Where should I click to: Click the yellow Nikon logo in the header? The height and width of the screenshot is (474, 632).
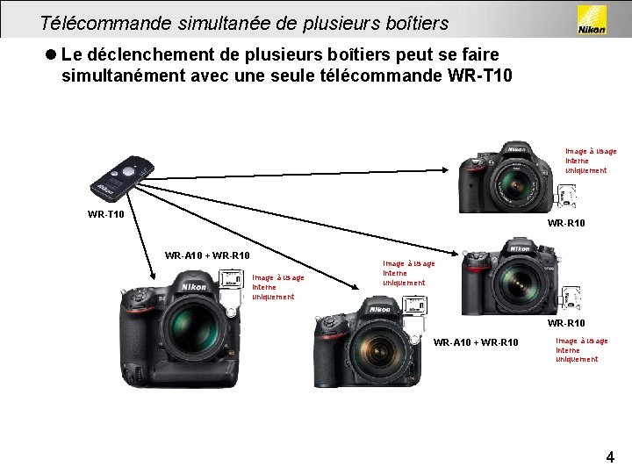(590, 20)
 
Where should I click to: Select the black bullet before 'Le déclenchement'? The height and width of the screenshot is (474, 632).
(52, 55)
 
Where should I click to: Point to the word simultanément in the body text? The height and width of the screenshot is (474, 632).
(123, 76)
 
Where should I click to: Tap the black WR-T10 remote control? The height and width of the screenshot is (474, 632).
(119, 176)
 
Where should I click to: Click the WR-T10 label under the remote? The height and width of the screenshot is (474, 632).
(105, 213)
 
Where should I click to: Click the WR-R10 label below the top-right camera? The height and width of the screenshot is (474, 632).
(566, 223)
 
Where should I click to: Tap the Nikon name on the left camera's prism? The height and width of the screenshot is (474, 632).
(193, 287)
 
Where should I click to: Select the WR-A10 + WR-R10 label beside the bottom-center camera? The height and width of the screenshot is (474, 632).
(476, 341)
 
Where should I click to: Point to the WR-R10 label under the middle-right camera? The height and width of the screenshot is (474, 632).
(566, 324)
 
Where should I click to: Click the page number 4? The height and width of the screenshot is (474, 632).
(609, 456)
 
